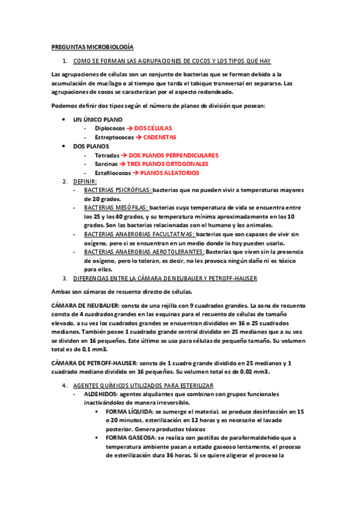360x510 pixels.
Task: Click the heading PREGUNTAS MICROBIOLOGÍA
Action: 92,46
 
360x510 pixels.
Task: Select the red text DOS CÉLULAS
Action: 153,128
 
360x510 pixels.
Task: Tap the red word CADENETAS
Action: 156,137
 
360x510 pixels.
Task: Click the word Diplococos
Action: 110,128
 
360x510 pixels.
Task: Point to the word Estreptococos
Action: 115,137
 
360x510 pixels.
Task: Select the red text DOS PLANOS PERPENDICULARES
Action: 174,155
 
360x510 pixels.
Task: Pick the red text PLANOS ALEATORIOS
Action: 169,173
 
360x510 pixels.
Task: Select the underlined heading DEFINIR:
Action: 85,181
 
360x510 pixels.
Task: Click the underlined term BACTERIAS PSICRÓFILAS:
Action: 118,190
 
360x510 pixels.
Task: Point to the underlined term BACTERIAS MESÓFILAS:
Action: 117,207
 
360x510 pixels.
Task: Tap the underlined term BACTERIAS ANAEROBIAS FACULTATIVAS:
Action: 139,234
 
